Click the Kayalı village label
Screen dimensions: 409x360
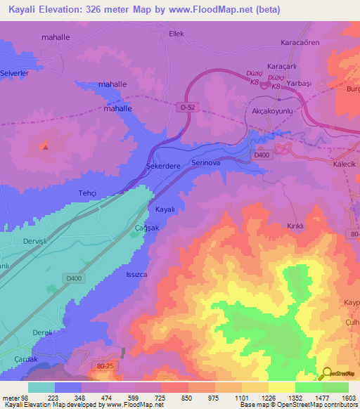pos(164,209)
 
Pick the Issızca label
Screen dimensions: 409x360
pos(136,275)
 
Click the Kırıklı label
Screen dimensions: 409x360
pos(295,226)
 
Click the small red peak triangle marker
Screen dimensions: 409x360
pos(45,146)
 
